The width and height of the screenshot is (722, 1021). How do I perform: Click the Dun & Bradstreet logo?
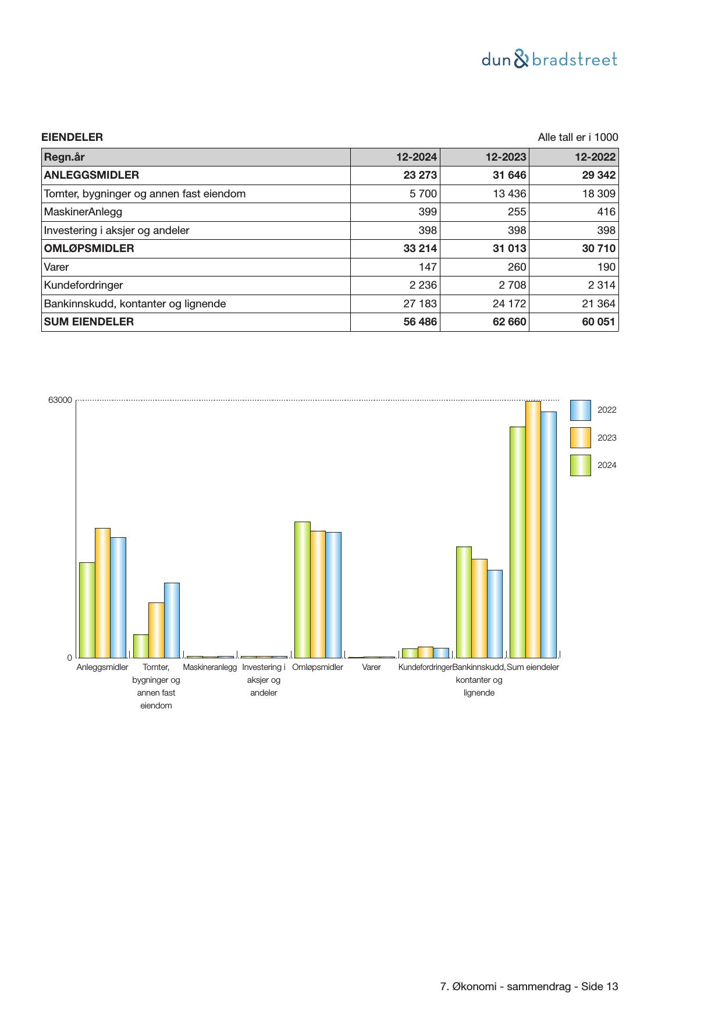pos(549,59)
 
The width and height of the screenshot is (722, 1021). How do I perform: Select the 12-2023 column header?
pos(506,157)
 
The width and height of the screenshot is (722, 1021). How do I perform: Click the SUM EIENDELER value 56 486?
pos(420,322)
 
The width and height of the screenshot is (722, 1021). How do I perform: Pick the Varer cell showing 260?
pos(516,267)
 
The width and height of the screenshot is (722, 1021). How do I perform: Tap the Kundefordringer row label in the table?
pos(83,285)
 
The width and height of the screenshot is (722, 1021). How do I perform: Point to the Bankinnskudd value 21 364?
pos(599,304)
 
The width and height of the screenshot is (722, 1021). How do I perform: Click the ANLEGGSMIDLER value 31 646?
pos(509,175)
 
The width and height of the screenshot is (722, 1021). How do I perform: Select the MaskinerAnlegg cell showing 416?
pos(606,212)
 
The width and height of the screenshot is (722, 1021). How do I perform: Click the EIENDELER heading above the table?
pos(72,137)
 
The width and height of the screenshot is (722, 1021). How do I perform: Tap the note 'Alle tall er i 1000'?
pos(578,137)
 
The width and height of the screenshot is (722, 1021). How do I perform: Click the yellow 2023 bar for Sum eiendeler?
pos(533,529)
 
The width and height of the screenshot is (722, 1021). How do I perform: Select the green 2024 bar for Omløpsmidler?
pos(302,589)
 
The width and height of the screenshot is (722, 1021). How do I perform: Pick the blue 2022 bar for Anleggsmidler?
pos(118,597)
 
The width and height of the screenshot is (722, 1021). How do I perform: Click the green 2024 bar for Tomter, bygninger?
pos(141,646)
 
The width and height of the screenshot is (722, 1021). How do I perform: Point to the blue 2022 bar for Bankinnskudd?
pos(495,614)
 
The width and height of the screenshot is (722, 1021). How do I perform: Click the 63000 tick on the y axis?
pos(60,400)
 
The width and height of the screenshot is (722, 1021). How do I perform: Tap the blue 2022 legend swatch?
pos(580,410)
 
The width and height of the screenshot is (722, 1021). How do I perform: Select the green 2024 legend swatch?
pos(580,465)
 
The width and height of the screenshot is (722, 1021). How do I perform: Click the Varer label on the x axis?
pos(371,667)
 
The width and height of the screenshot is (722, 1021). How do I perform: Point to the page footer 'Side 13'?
pos(599,987)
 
